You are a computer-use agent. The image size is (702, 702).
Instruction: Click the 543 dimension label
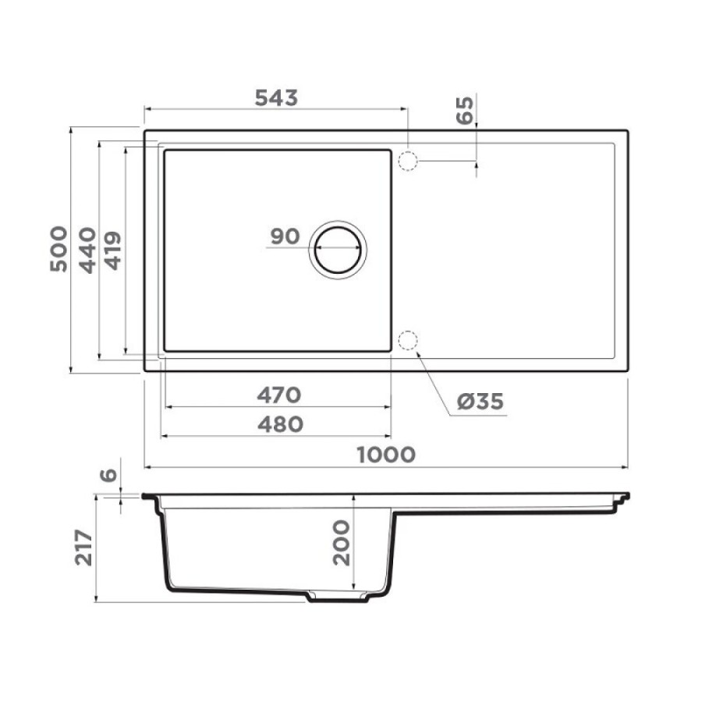tap(276, 98)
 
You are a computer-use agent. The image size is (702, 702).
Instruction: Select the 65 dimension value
tap(465, 110)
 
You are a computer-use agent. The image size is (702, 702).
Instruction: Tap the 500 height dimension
tap(58, 249)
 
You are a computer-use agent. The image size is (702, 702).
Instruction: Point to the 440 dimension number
tap(87, 250)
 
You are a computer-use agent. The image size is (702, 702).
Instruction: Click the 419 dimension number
tap(113, 250)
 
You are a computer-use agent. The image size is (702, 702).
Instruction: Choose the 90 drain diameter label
tap(285, 236)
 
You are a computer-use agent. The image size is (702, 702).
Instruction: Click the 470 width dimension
tap(279, 395)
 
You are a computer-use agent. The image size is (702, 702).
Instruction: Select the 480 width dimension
tap(280, 424)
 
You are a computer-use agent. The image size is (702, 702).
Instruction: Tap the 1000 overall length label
tap(386, 455)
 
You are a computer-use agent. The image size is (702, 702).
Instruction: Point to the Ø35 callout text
tap(480, 401)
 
